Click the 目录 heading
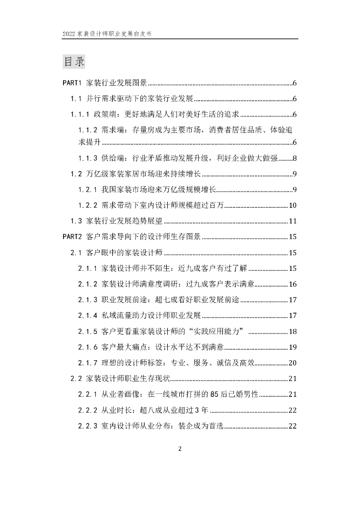pos(74,62)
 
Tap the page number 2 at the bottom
pos(180,449)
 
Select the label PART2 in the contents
pos(72,237)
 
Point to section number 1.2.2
pos(90,205)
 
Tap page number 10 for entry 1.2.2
pos(292,205)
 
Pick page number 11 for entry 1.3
pos(292,221)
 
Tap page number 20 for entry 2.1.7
pos(292,363)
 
